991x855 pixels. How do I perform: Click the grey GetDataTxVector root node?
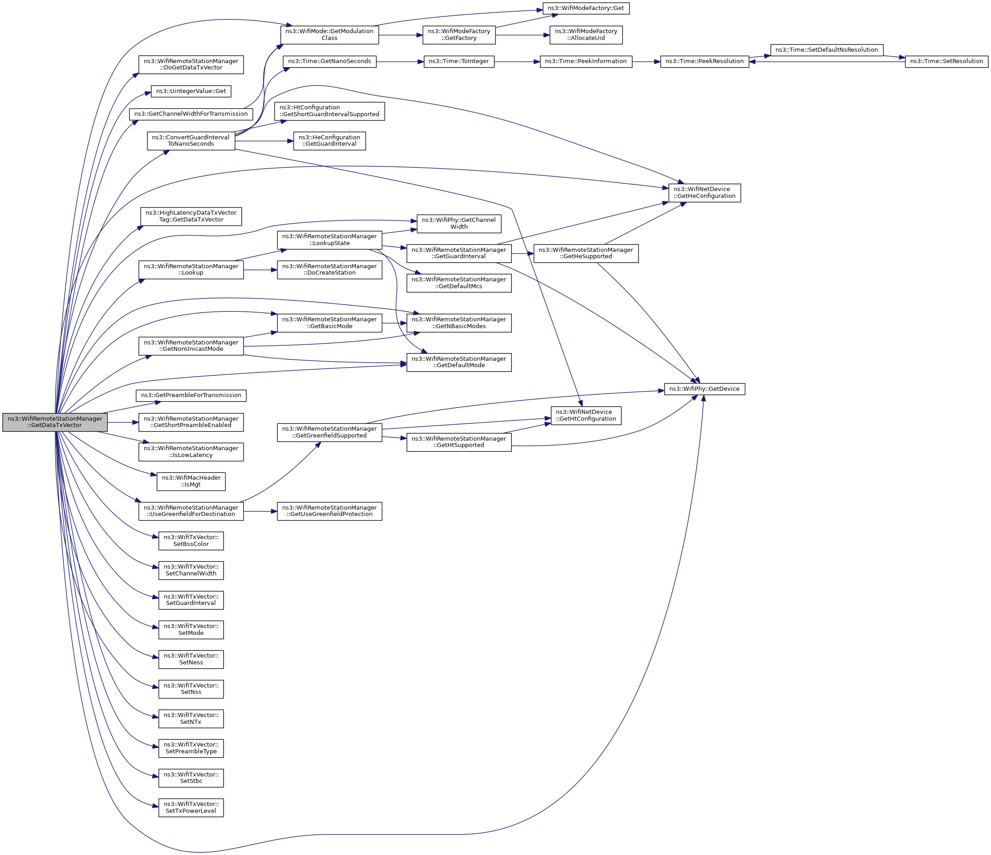54,422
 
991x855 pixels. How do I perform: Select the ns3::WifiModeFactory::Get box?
585,8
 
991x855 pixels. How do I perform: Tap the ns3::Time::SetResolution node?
946,61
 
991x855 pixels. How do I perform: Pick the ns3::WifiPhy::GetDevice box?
704,389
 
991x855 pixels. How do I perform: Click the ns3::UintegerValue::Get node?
191,91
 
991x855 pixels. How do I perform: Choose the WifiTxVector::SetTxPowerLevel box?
191,808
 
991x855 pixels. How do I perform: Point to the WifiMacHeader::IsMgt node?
191,482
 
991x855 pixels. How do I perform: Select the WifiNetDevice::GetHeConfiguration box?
704,193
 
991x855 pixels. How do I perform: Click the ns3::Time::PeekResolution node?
704,61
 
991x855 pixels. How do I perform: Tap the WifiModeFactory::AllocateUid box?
585,35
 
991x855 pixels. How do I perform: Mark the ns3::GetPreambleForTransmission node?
191,395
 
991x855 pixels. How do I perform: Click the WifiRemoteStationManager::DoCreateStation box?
329,270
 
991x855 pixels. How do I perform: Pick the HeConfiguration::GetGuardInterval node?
329,141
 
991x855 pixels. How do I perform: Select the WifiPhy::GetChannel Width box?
459,223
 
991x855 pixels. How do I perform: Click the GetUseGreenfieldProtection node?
329,511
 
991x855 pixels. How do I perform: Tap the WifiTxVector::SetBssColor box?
191,541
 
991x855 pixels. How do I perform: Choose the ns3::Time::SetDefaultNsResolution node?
826,50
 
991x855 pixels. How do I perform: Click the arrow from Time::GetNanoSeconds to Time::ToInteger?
400,61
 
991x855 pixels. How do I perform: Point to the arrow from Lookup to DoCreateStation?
260,270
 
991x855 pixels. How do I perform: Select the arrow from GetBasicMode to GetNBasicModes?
394,323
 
